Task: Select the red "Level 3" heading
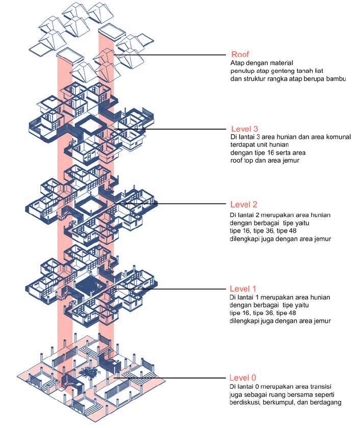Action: click(x=246, y=129)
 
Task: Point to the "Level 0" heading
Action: click(x=243, y=378)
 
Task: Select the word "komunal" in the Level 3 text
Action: click(x=334, y=137)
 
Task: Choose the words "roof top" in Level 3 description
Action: click(x=243, y=160)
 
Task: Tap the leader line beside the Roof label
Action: click(x=173, y=55)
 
